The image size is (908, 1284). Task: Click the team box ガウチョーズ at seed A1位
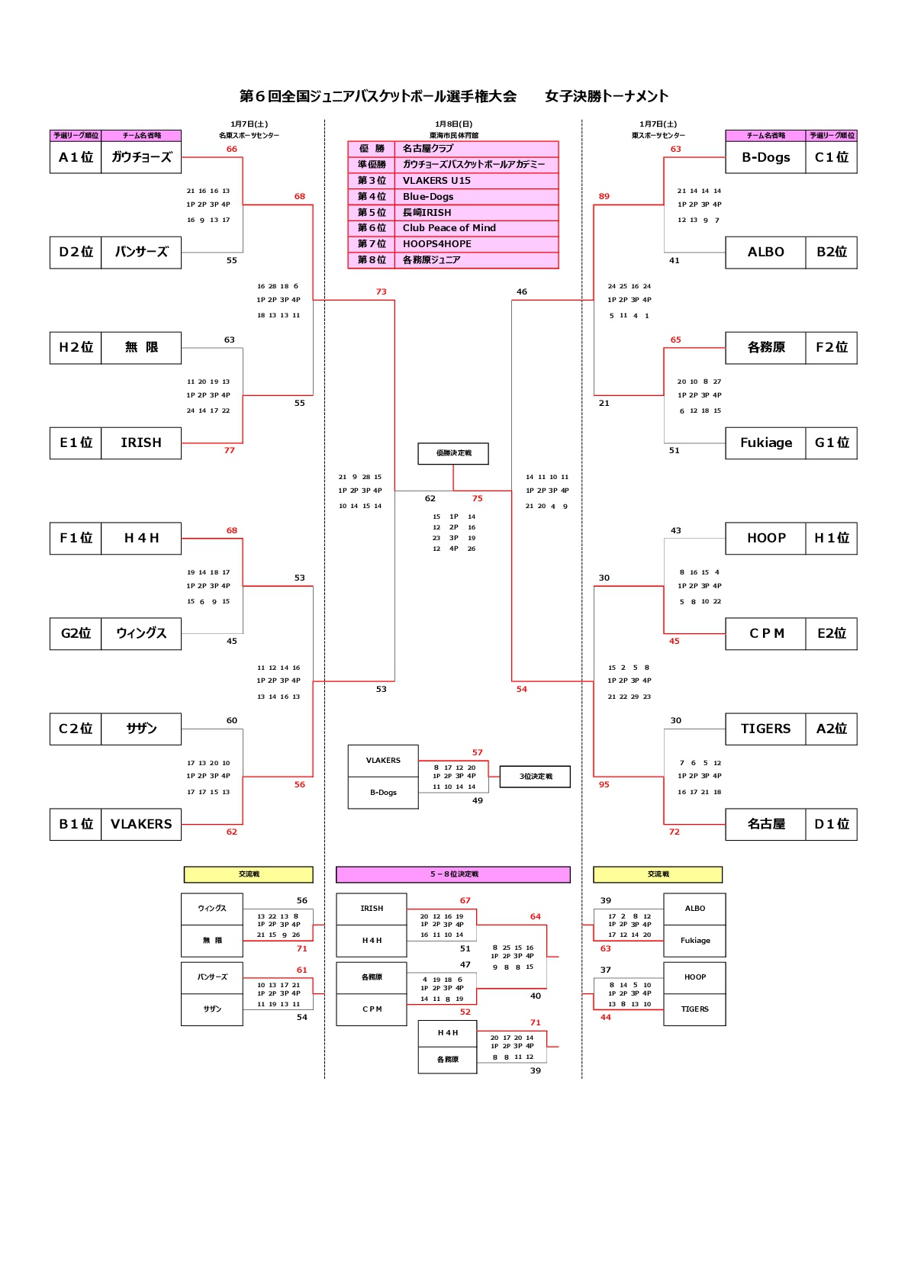pos(141,157)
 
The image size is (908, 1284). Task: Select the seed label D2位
pos(76,253)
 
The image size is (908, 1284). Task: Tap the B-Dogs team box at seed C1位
pos(765,157)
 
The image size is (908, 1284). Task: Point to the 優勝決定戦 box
pos(453,453)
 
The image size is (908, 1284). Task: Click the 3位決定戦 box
pos(535,777)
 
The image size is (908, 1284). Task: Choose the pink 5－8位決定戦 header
pos(453,874)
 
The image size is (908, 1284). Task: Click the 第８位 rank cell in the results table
pos(372,260)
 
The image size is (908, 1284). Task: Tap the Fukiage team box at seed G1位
pos(765,443)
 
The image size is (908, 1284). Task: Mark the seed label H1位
pos(831,539)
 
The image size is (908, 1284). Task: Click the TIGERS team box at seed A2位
pos(765,729)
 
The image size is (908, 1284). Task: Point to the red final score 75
pos(477,499)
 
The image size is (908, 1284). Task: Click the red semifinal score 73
pos(381,292)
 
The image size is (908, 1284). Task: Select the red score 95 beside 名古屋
pos(604,785)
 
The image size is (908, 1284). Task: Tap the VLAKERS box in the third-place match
pos(383,761)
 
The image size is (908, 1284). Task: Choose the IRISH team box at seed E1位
pos(141,443)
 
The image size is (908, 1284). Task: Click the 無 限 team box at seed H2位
pos(141,348)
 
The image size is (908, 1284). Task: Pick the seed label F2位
pos(831,348)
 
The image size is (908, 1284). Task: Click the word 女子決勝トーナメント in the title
pos(607,96)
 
